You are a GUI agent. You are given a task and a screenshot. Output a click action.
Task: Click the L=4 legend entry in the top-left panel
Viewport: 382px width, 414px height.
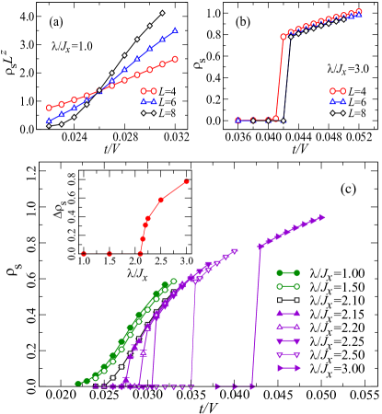(158, 92)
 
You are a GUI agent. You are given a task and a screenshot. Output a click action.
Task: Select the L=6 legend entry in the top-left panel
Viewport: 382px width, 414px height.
(158, 103)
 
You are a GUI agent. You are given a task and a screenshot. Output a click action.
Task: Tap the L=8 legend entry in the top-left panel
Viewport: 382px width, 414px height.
(158, 114)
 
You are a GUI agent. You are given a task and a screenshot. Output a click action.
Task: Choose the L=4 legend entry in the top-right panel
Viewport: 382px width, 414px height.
(346, 92)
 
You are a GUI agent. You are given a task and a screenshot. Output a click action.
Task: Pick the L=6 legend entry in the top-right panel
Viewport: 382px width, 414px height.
(346, 103)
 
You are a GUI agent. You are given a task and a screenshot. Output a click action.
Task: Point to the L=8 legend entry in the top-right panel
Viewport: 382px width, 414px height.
(346, 114)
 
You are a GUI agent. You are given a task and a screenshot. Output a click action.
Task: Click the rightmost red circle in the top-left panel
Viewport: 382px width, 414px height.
(175, 59)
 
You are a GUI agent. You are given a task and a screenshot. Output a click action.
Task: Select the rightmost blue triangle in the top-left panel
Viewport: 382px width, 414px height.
(175, 30)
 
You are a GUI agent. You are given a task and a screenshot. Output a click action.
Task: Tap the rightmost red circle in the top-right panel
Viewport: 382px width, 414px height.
(358, 13)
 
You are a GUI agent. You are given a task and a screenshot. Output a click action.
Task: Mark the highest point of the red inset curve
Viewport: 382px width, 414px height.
(187, 181)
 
